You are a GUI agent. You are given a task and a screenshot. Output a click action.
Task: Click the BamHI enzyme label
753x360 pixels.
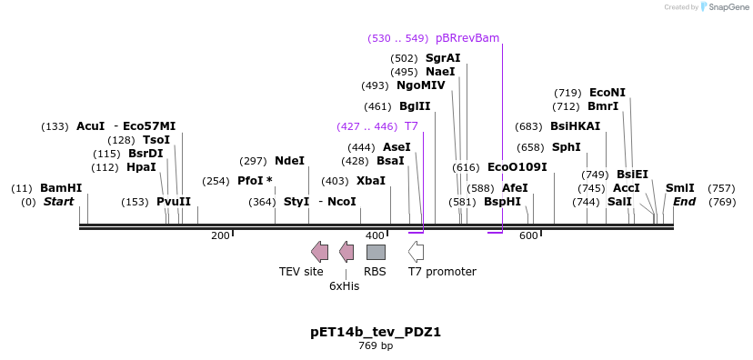click(61, 188)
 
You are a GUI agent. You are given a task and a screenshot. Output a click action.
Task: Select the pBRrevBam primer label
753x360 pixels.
click(467, 38)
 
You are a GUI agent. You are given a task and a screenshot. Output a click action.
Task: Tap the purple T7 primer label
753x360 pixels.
click(411, 126)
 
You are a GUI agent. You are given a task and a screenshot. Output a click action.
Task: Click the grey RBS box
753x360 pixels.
click(376, 252)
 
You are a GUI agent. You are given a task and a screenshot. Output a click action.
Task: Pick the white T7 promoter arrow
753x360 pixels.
click(416, 252)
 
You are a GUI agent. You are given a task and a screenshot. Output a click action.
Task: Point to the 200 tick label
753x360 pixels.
click(220, 236)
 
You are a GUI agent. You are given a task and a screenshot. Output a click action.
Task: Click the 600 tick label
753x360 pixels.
click(528, 236)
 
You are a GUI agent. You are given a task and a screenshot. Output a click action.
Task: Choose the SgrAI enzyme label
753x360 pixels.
click(443, 58)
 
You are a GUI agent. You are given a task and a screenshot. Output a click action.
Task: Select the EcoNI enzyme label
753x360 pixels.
click(607, 93)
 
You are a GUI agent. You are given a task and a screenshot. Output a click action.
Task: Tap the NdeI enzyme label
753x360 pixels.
click(289, 161)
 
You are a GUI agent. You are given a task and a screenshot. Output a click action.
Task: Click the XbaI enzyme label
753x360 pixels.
click(370, 181)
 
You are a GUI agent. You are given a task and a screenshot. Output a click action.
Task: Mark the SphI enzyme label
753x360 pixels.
click(566, 147)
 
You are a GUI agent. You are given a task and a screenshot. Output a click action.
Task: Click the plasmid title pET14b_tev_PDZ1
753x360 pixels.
click(376, 332)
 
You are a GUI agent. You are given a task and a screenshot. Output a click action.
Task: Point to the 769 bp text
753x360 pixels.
click(376, 346)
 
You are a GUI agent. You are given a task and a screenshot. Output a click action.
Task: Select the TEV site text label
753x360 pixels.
click(301, 271)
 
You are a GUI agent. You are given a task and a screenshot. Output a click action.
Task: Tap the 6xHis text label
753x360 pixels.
click(345, 285)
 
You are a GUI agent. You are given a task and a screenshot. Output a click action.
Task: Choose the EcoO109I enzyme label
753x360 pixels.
click(517, 167)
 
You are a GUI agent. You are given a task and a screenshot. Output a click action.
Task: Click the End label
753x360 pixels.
click(684, 202)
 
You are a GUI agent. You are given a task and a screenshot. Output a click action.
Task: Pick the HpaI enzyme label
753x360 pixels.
click(141, 167)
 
